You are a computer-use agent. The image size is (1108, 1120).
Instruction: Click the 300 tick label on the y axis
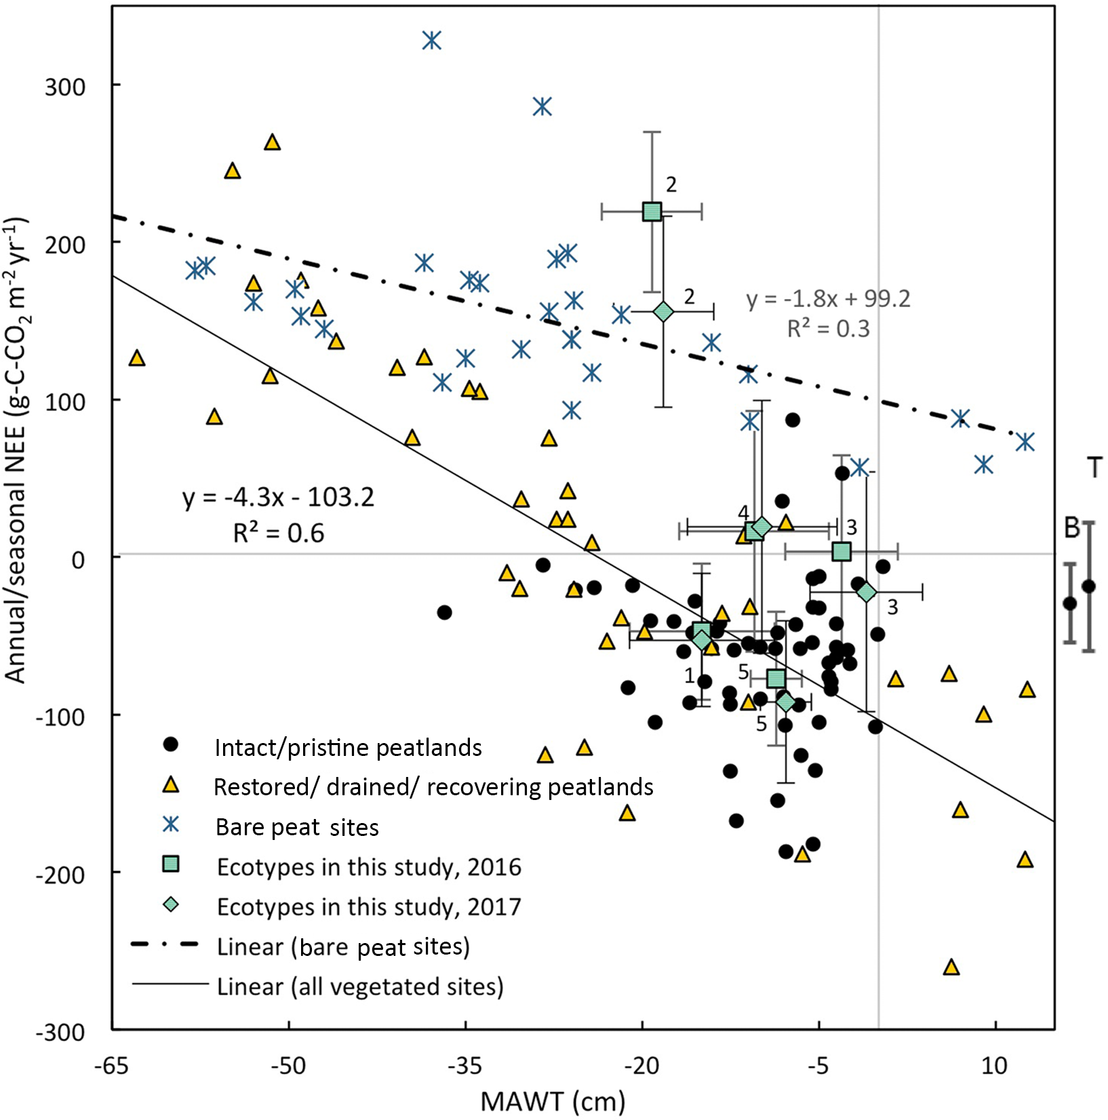[65, 86]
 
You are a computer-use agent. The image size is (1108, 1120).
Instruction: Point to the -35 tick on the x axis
[467, 1031]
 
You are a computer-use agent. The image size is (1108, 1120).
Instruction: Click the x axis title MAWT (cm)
[553, 1102]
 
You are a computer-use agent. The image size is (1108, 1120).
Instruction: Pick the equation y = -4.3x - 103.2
[278, 498]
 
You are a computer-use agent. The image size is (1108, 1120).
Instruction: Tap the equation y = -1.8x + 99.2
[828, 299]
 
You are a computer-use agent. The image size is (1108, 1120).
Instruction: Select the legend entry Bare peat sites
[297, 827]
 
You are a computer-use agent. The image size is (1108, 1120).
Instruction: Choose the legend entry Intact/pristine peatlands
[348, 748]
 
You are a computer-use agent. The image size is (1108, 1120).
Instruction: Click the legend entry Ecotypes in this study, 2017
[369, 907]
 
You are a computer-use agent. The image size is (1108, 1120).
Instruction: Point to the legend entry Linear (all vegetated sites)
[360, 986]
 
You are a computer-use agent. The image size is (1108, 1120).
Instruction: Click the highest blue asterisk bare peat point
[432, 41]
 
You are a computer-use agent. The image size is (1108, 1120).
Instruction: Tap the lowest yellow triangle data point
[951, 967]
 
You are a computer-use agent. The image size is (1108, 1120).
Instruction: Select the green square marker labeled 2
[652, 212]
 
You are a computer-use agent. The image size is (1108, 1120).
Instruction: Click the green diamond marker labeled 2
[663, 312]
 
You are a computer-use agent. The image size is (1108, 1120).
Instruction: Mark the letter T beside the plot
[1094, 468]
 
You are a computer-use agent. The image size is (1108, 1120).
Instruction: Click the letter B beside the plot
[1071, 527]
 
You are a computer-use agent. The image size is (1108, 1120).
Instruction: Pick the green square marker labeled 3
[842, 551]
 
